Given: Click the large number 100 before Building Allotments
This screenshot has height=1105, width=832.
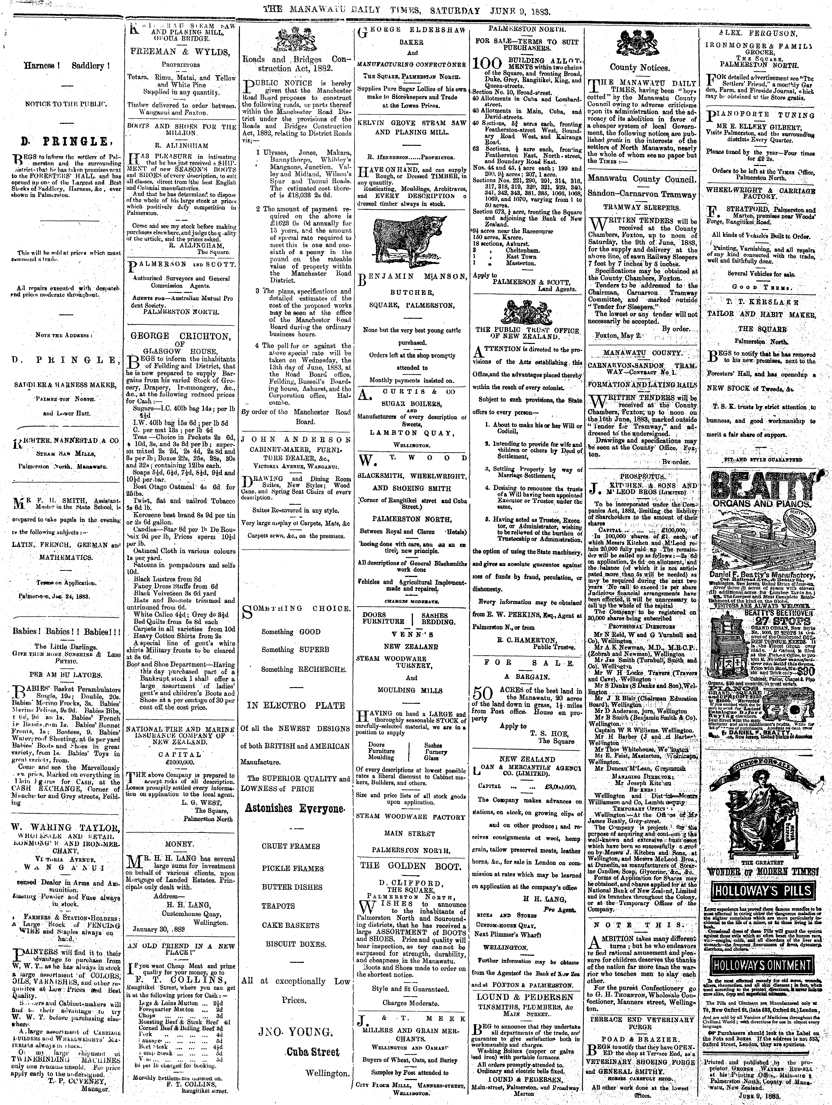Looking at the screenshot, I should [489, 64].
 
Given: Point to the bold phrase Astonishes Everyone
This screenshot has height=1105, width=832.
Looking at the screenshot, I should [295, 808].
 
